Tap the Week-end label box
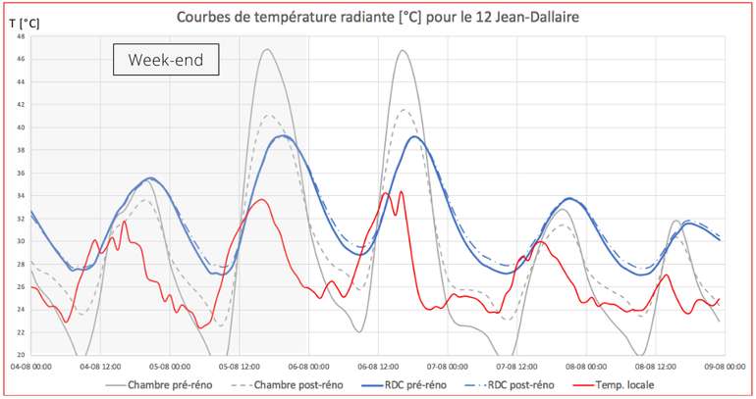[x=165, y=62]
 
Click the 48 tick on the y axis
[x=20, y=36]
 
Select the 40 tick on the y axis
[x=20, y=127]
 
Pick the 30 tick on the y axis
[x=20, y=241]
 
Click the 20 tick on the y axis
[x=20, y=355]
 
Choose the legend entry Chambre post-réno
[x=298, y=384]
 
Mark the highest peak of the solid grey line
[x=266, y=49]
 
